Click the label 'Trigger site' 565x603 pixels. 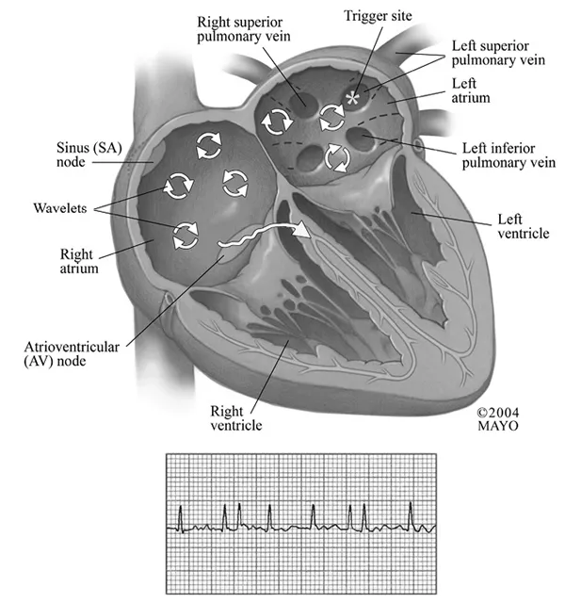tap(379, 15)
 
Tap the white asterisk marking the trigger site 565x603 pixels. tap(353, 98)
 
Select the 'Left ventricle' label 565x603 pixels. tap(521, 225)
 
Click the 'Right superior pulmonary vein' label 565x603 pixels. tap(241, 27)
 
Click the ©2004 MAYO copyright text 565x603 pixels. tap(498, 419)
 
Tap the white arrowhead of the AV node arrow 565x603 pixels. tap(302, 230)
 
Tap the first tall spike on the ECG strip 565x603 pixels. tap(181, 514)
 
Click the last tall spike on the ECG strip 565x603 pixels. tap(412, 514)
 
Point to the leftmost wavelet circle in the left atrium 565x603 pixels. tap(276, 120)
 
